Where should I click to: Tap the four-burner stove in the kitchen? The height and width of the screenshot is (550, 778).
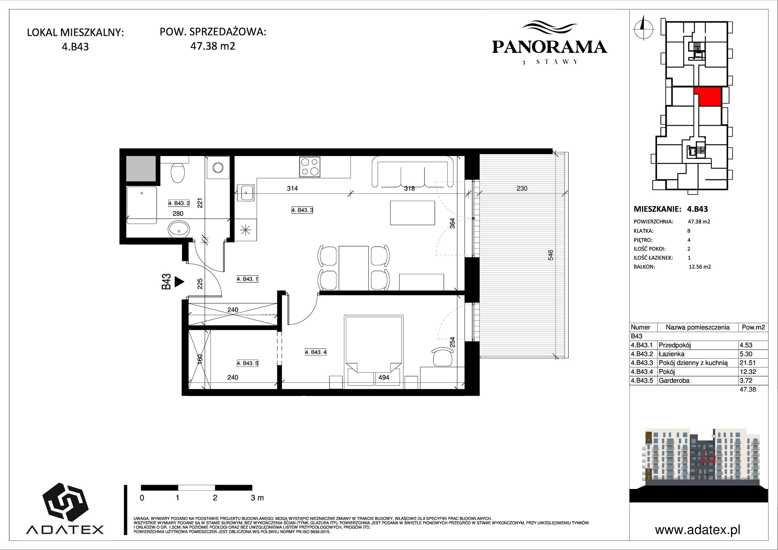point(310,166)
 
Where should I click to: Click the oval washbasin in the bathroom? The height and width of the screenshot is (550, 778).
point(179,229)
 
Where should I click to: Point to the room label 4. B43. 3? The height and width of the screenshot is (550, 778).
point(303,210)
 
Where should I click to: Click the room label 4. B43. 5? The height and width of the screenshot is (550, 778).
point(248,363)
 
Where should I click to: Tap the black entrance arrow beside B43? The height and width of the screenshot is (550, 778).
point(179,282)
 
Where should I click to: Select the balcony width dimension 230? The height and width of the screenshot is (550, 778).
point(522,189)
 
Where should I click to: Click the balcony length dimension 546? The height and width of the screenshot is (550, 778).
point(550,255)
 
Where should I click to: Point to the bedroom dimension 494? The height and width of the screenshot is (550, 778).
point(384,377)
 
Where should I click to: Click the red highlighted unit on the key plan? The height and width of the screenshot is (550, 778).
point(708,96)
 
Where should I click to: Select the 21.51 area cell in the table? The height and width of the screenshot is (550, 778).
point(748,363)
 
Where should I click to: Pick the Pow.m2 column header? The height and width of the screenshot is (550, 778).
point(753,327)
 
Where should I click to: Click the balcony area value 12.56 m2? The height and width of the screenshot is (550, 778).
point(700,267)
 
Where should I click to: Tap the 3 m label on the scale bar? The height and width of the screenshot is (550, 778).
point(257,497)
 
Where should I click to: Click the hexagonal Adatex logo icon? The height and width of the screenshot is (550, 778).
point(65,502)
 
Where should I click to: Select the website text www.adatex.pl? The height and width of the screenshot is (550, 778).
point(697,530)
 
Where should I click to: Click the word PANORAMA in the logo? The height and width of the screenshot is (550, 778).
point(550,47)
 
